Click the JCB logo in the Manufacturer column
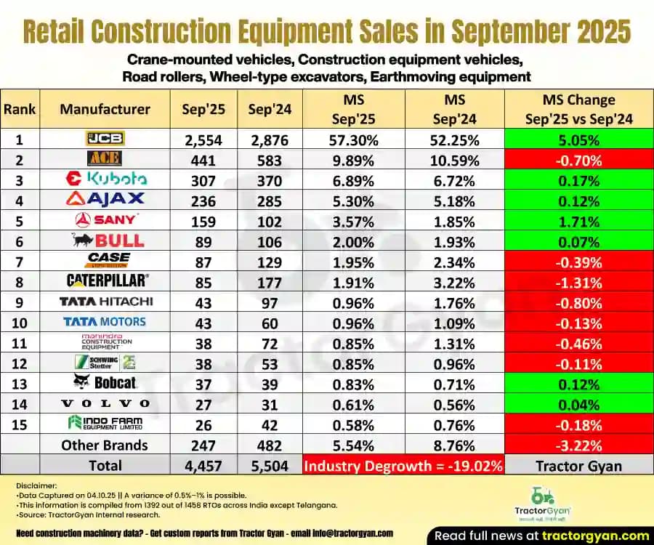[x=104, y=138]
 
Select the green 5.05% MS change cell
[x=578, y=139]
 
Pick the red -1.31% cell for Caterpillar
[x=578, y=281]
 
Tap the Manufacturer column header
[x=105, y=109]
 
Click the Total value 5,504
[x=269, y=465]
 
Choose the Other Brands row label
[x=104, y=445]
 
